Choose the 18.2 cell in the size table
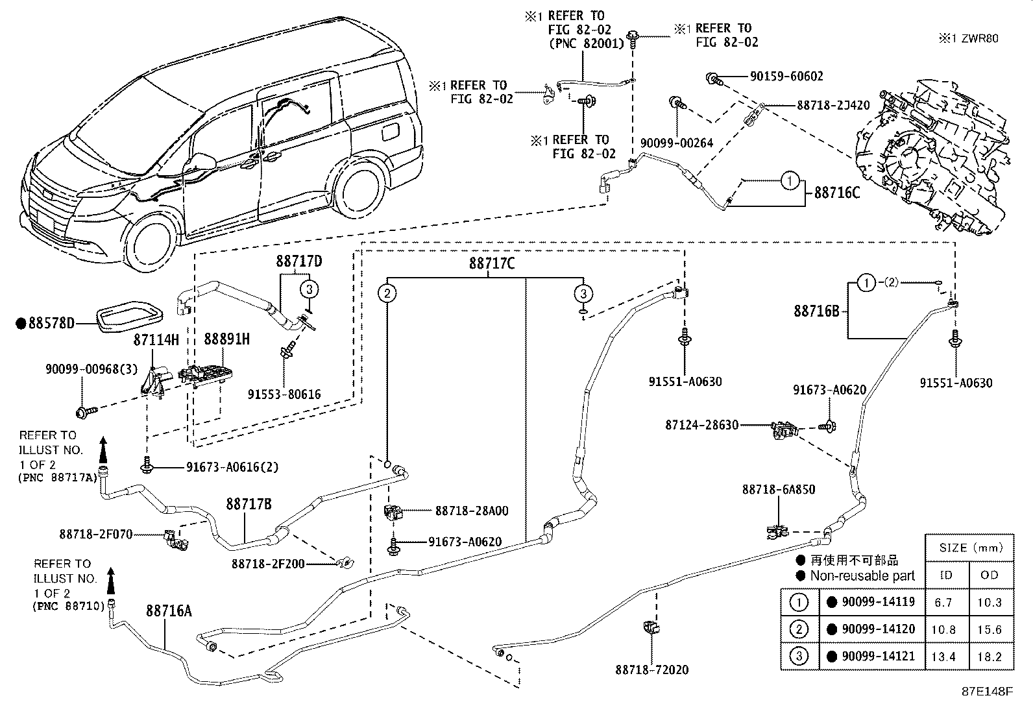[x=990, y=657]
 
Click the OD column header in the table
[x=990, y=575]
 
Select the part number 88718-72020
[x=651, y=670]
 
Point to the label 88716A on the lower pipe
[x=169, y=610]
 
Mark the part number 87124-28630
[x=701, y=425]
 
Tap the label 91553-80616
[x=284, y=394]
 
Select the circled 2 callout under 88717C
[x=387, y=294]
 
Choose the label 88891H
[x=226, y=339]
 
